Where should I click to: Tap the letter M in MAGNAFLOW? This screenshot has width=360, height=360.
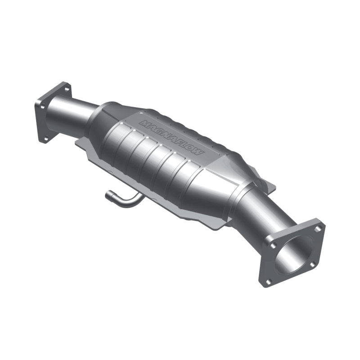[144, 122]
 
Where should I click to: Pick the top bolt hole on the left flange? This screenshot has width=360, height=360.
[67, 89]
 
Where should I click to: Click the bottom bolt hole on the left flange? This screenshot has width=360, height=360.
[45, 138]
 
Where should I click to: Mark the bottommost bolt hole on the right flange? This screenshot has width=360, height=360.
[269, 282]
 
